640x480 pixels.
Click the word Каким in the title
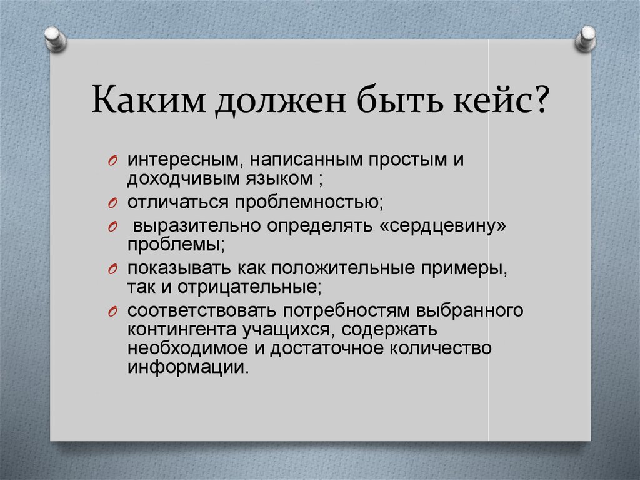click(x=148, y=100)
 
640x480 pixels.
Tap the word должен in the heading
click(x=281, y=101)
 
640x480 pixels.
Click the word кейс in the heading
click(x=493, y=100)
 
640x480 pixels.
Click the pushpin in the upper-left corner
click(x=56, y=39)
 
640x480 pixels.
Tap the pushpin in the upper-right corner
click(x=586, y=39)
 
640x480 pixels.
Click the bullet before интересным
click(x=113, y=161)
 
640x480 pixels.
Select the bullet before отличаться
click(x=113, y=203)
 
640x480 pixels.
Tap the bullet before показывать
click(x=113, y=270)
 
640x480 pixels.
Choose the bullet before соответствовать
click(x=113, y=312)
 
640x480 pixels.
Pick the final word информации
click(x=187, y=367)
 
